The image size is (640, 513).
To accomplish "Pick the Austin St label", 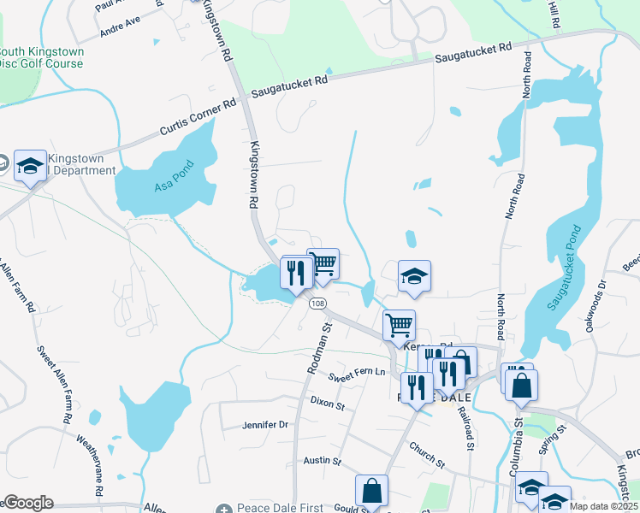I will coord(323,461).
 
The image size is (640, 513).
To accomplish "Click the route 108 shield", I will coord(317,304).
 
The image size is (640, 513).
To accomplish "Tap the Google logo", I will coord(27,503).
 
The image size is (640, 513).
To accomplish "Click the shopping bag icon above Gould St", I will coord(371,491).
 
